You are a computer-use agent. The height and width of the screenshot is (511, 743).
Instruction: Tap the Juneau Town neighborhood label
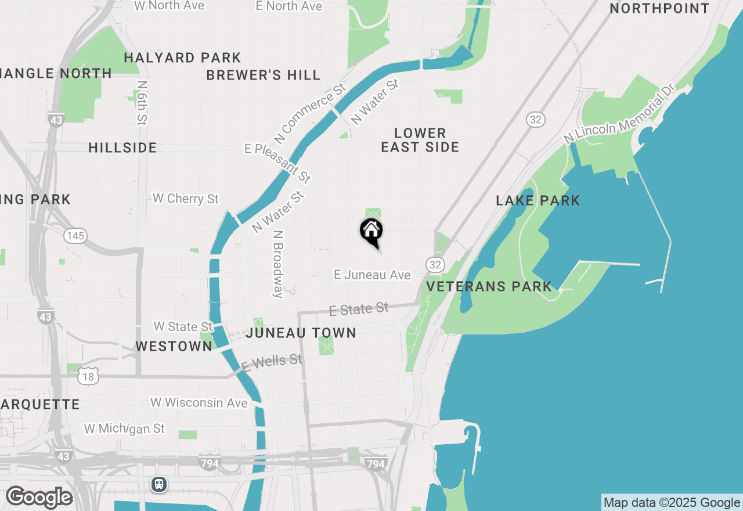point(301,333)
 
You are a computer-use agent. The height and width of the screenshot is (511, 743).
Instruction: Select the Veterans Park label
point(489,286)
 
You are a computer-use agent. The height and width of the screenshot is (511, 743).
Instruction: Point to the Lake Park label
point(538,201)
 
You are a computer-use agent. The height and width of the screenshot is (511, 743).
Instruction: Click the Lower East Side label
point(420,141)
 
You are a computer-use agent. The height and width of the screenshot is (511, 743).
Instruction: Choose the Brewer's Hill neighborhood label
point(263,75)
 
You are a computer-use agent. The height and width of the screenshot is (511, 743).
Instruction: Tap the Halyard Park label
point(182,58)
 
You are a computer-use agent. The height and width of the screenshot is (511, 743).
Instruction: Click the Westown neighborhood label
point(174,347)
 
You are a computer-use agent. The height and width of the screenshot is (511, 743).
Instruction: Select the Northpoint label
point(659,9)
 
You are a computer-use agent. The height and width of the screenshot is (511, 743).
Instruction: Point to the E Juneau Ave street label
point(372,275)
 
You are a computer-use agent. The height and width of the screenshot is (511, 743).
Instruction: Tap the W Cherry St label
point(185,199)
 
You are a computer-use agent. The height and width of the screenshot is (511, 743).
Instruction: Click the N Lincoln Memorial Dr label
point(619,115)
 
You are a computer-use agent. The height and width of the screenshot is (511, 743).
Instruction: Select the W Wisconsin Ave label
point(199,402)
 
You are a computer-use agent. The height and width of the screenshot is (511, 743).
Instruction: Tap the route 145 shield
point(75,236)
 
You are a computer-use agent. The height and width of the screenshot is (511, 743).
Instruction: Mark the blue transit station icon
point(158,484)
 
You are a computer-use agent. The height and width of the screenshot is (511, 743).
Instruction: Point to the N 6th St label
point(142,103)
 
